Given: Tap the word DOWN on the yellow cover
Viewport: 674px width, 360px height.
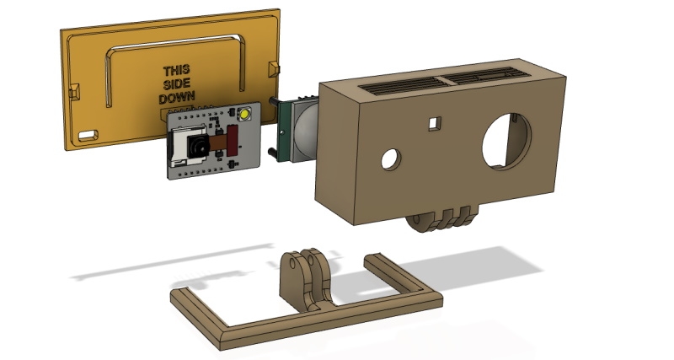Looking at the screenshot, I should coord(179,98).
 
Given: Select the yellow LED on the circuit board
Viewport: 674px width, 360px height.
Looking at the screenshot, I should coord(245,115).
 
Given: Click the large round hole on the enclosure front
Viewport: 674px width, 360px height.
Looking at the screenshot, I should coord(507,140).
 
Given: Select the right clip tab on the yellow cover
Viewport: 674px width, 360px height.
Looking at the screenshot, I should coord(272,67).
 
